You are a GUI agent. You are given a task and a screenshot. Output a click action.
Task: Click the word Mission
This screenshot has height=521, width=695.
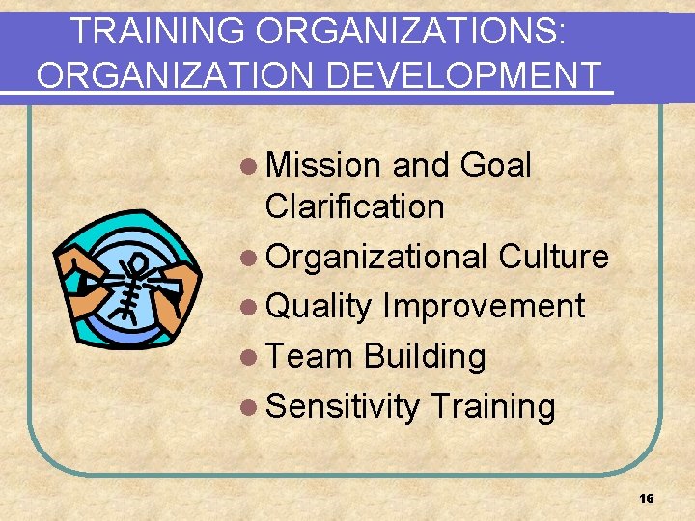323,165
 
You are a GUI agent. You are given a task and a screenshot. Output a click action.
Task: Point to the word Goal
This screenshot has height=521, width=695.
496,165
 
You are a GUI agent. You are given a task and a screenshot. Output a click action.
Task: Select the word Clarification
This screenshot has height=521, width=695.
354,206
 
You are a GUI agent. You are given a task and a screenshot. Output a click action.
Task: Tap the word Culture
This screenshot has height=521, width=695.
553,257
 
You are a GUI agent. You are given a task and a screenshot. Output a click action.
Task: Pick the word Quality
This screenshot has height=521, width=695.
319,307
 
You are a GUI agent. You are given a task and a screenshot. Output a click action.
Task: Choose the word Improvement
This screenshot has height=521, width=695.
484,307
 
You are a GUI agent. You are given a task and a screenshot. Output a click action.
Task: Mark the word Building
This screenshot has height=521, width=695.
424,356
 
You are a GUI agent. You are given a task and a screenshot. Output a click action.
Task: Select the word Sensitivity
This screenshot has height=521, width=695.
342,406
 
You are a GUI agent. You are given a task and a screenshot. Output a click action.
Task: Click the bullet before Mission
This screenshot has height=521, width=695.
252,166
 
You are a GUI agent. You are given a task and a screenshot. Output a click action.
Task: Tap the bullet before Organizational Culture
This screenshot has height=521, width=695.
252,258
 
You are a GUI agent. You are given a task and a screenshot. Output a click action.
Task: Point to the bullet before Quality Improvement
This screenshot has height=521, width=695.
252,308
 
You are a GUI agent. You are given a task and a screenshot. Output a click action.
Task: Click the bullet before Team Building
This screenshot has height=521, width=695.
252,357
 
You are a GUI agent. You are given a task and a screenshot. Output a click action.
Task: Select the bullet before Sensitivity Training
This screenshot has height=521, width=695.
252,407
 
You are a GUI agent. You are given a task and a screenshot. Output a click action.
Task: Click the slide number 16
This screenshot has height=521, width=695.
647,498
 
